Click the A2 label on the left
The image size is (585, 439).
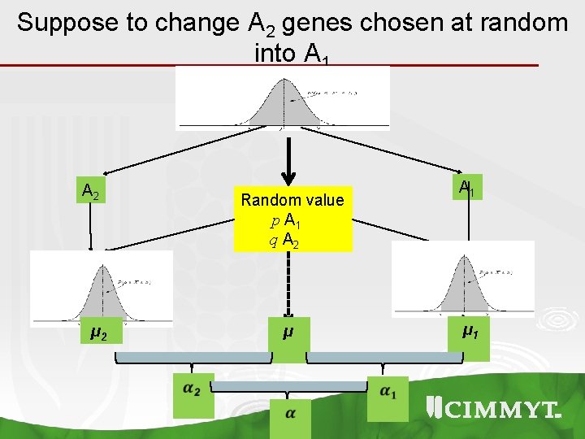point(91,193)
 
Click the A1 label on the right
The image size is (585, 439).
point(466,189)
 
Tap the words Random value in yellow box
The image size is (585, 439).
point(292,200)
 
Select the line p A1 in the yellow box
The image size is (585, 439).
point(288,221)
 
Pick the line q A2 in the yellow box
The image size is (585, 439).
point(288,241)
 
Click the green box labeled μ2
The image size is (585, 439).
point(100,333)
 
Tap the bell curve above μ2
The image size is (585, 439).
point(102,289)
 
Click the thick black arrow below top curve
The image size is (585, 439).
point(287,163)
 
